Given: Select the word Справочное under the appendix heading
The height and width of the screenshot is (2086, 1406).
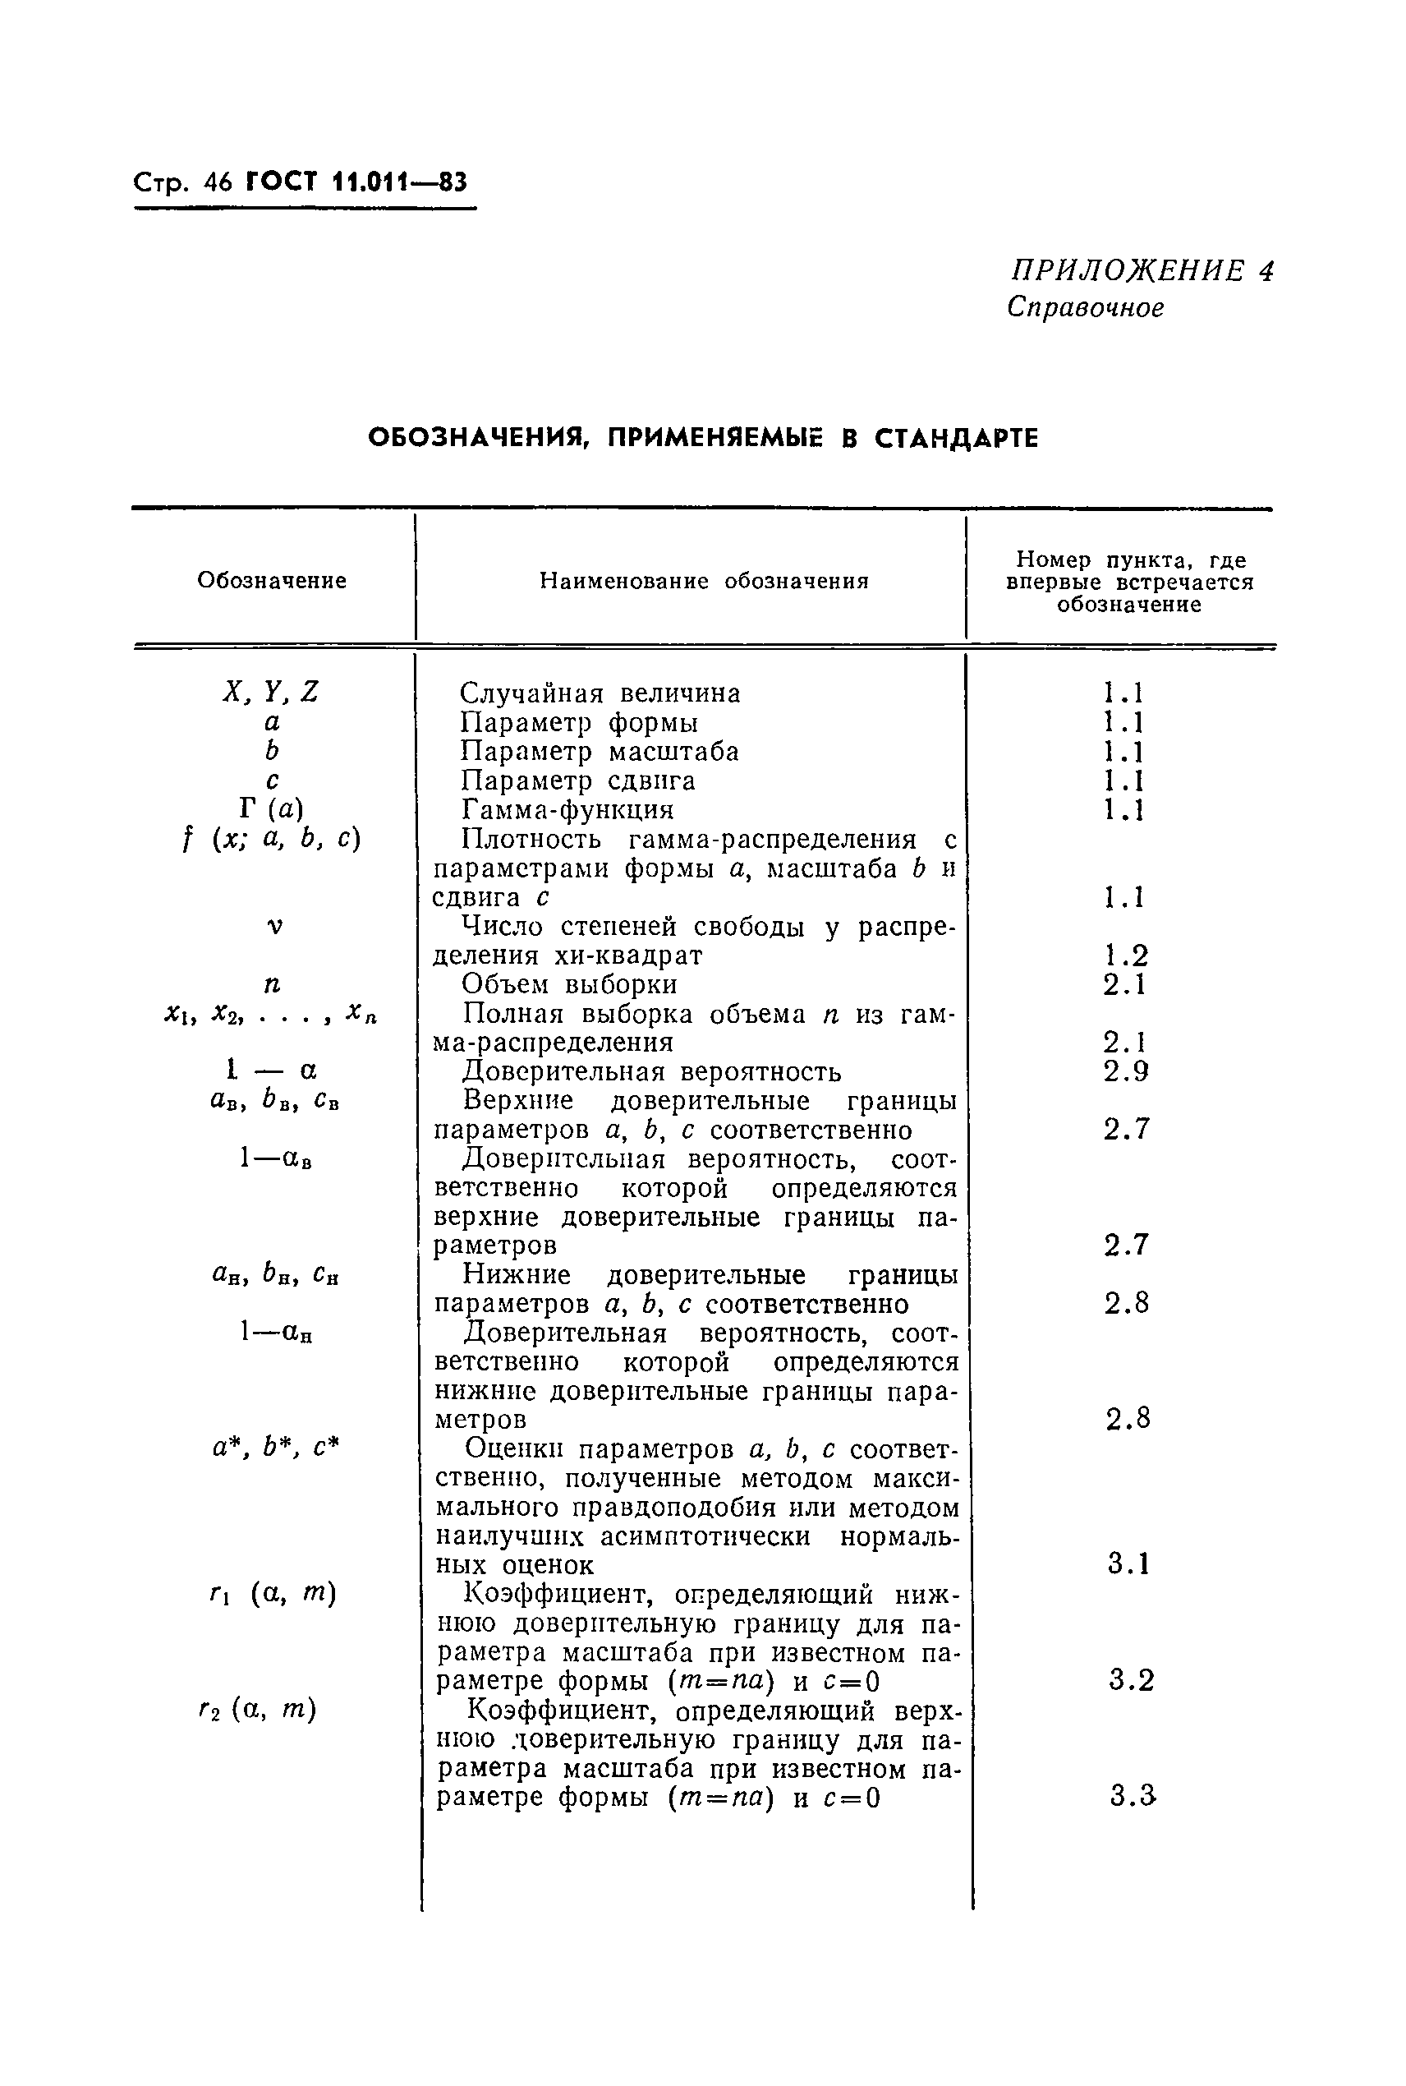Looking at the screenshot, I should pyautogui.click(x=1085, y=307).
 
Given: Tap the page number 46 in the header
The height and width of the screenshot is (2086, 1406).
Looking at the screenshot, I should pyautogui.click(x=218, y=183).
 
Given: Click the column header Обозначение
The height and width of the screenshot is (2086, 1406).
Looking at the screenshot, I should pyautogui.click(x=272, y=580).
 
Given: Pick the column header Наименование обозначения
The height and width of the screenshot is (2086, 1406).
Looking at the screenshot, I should pyautogui.click(x=704, y=581).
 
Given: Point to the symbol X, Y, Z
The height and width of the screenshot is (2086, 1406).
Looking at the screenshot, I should pyautogui.click(x=271, y=692).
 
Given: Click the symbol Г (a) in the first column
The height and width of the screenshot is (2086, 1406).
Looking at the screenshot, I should pyautogui.click(x=272, y=809).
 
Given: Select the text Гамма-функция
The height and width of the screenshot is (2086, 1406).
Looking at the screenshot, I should pyautogui.click(x=567, y=810).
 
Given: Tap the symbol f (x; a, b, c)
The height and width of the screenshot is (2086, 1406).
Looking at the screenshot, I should pyautogui.click(x=271, y=840).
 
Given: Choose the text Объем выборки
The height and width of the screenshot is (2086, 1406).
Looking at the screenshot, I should pyautogui.click(x=569, y=985).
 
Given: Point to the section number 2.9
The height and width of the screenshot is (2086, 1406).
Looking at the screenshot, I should pyautogui.click(x=1125, y=1071).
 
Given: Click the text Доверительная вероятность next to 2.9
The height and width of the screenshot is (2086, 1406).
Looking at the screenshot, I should pyautogui.click(x=651, y=1071).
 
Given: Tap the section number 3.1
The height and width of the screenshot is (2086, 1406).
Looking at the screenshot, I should pyautogui.click(x=1128, y=1564).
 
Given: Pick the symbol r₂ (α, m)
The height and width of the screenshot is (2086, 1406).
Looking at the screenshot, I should pyautogui.click(x=258, y=1711).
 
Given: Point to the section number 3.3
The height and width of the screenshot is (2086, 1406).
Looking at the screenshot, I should pyautogui.click(x=1132, y=1796).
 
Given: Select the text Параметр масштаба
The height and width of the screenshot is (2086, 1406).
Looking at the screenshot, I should pyautogui.click(x=599, y=752).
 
